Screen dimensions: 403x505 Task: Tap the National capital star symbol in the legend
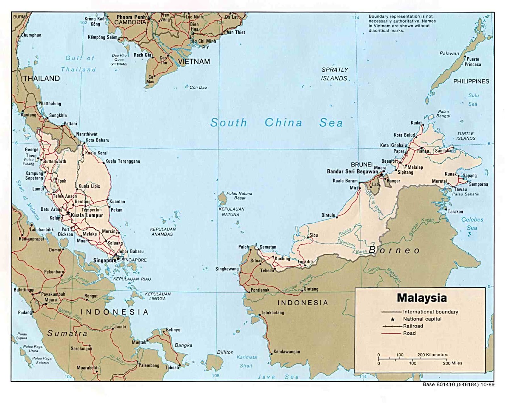tap(393, 319)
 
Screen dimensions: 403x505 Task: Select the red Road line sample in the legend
tap(391, 334)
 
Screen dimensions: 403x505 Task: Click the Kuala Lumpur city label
tap(87, 215)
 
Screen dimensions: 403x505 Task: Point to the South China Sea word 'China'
tap(283, 123)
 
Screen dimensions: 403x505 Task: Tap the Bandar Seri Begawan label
tap(352, 171)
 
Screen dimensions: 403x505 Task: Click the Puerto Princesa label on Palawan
tap(472, 62)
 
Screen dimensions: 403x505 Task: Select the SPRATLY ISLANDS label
tap(335, 74)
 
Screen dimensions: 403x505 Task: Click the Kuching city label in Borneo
tap(282, 258)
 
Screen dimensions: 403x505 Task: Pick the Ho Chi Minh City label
tap(204, 44)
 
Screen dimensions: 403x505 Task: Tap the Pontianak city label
tap(260, 290)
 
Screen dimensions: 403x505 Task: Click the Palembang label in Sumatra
tap(149, 365)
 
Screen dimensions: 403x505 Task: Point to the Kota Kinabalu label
tap(393, 145)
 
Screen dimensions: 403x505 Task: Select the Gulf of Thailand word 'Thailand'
tap(78, 69)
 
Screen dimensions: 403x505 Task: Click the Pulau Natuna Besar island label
tap(239, 195)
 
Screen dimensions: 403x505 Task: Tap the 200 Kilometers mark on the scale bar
tap(432, 355)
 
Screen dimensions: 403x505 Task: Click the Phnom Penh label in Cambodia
tap(131, 17)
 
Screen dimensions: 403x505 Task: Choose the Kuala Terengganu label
tap(122, 161)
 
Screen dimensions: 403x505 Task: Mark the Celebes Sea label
tap(472, 224)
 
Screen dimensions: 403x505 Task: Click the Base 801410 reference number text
tap(458, 385)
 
